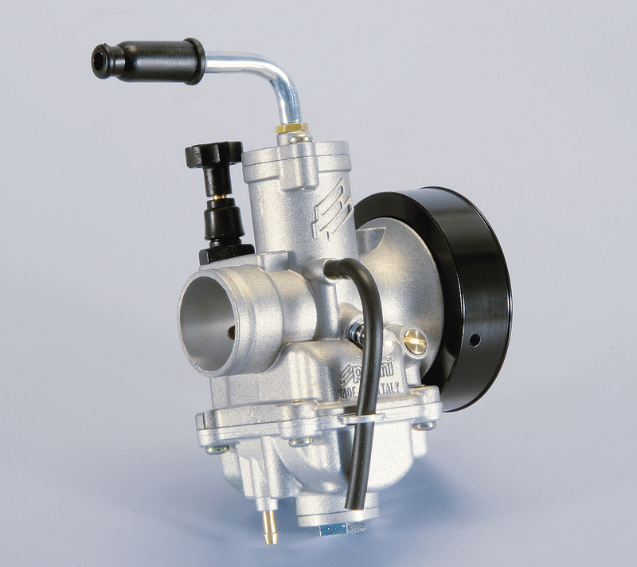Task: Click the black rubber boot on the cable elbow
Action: click(x=151, y=60)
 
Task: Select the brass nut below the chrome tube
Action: click(x=291, y=128)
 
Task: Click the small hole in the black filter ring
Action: click(x=475, y=340)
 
